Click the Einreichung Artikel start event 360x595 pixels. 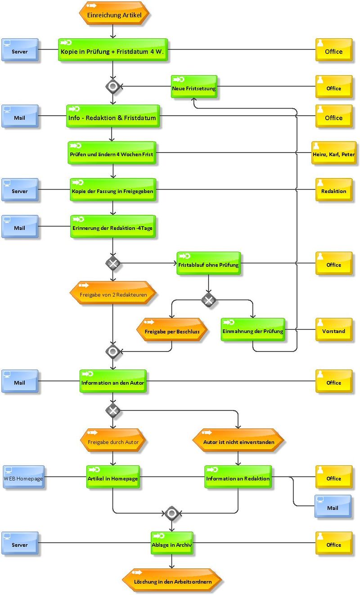[x=114, y=13]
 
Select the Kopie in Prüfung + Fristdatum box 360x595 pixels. [x=113, y=50]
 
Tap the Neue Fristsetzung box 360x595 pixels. [x=194, y=86]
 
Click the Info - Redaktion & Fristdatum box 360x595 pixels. [x=113, y=116]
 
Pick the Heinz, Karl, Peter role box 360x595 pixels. [x=334, y=153]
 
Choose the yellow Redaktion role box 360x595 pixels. [x=334, y=189]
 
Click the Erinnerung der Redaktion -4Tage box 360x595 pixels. [x=113, y=226]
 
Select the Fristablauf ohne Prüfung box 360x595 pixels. [x=209, y=263]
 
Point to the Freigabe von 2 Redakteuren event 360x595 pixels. [x=113, y=293]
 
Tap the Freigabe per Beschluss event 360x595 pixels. [x=172, y=329]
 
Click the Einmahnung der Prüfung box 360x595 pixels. [x=253, y=329]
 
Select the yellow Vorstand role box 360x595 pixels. [x=334, y=329]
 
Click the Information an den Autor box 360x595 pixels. [x=113, y=381]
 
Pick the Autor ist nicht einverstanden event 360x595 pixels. [x=238, y=440]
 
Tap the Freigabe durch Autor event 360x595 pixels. [x=113, y=440]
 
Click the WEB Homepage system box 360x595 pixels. [x=23, y=477]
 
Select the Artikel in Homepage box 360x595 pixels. [x=113, y=477]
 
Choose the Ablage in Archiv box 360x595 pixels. [x=172, y=543]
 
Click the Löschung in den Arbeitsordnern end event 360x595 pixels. [x=172, y=580]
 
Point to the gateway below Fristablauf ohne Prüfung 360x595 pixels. [x=209, y=300]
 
